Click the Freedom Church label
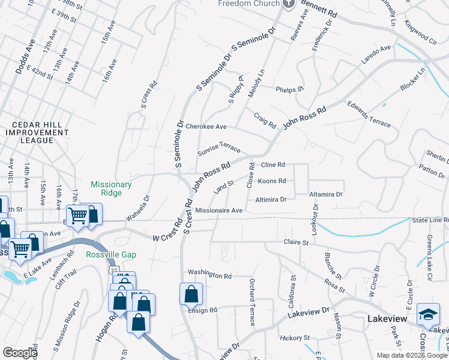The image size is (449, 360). (x=249, y=3)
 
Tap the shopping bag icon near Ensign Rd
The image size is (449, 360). (x=191, y=295)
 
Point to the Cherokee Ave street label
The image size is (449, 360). (x=206, y=127)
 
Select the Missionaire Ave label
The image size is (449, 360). (x=219, y=211)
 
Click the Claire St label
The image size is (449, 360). (x=296, y=243)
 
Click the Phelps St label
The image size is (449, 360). (x=288, y=89)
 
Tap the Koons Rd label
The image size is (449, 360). (x=271, y=181)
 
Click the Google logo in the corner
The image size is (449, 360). (x=20, y=352)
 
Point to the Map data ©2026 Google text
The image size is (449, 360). (x=411, y=355)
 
